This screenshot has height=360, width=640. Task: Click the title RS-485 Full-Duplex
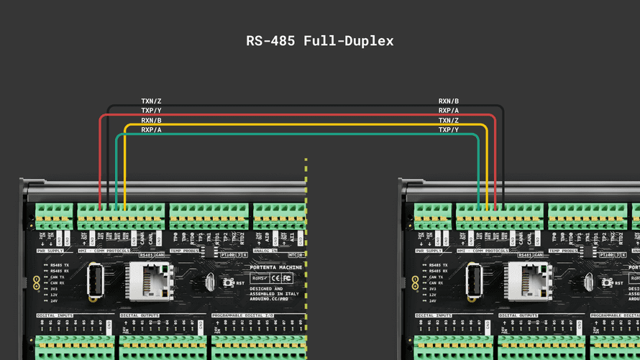[x=320, y=41]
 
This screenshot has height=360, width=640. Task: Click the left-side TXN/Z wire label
[x=151, y=101]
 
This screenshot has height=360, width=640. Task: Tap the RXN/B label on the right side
[x=449, y=101]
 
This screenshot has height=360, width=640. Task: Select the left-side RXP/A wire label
[x=151, y=130]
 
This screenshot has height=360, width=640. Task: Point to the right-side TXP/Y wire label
[x=449, y=130]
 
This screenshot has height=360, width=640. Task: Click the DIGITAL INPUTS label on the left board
[x=55, y=315]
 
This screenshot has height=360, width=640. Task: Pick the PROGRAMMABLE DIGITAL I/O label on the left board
[x=244, y=315]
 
